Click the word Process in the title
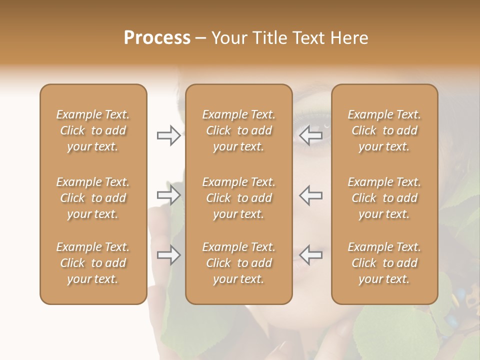tap(157, 38)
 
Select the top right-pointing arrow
tap(168, 135)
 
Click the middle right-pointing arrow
tap(168, 195)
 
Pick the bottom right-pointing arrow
tap(168, 255)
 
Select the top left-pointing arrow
tap(311, 135)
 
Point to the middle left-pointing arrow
tap(311, 195)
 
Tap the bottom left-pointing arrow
tap(311, 255)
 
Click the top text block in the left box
tap(93, 130)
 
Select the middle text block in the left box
tap(93, 198)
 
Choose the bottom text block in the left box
tap(93, 263)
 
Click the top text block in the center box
tap(238, 130)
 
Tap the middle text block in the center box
tap(238, 198)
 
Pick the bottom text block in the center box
tap(238, 263)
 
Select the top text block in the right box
tap(384, 130)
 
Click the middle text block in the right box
tap(384, 198)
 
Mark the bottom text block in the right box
tap(384, 263)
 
